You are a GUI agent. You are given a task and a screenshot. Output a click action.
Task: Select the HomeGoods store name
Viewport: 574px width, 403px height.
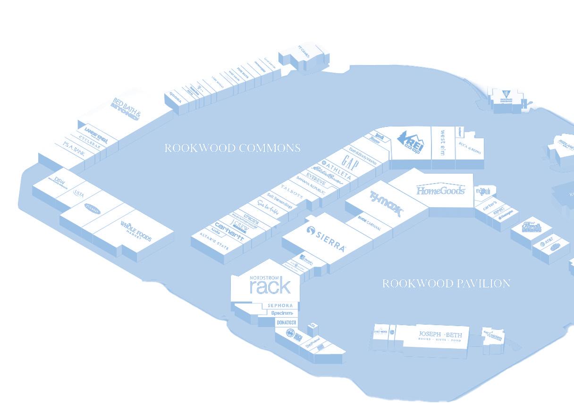440,190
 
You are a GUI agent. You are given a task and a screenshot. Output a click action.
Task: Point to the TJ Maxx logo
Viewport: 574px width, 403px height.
386,203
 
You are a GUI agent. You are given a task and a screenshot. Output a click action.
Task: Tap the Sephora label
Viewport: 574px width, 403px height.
280,306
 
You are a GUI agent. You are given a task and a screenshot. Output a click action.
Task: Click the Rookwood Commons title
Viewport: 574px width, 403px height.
232,148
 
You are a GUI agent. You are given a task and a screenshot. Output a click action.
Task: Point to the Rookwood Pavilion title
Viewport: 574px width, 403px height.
446,284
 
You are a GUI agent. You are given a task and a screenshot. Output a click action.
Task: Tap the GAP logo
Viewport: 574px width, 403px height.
350,164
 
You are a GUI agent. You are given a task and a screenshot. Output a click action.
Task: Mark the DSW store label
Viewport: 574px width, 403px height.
59,182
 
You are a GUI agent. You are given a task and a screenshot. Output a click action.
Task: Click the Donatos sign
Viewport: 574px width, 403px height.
286,322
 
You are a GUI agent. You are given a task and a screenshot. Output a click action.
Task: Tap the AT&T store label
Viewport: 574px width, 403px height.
546,243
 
